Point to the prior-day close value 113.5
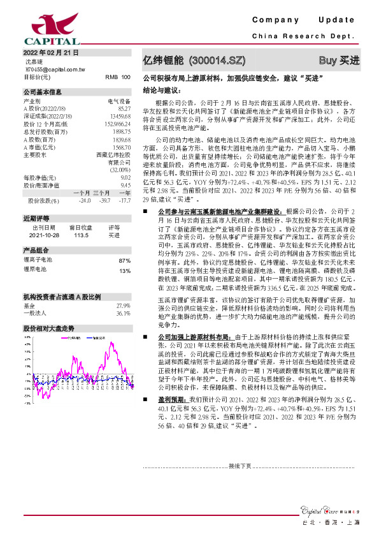(80, 235)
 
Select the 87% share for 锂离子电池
(125, 261)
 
